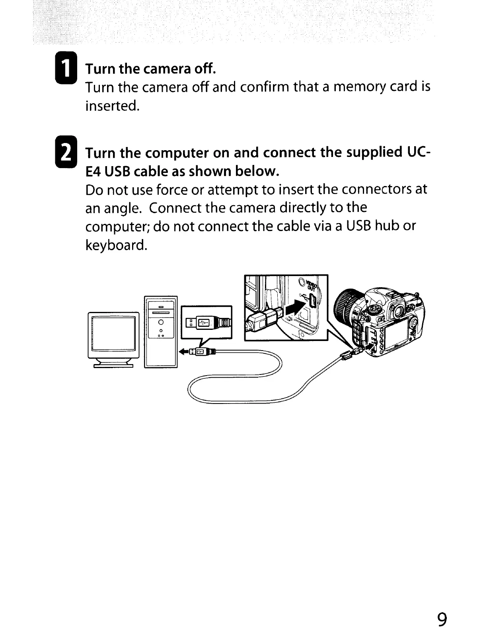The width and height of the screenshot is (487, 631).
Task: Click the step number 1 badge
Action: (x=68, y=69)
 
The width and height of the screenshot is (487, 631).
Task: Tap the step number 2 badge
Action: (x=68, y=153)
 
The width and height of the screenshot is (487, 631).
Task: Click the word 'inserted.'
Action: (x=113, y=106)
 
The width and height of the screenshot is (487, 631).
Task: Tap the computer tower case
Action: (x=161, y=332)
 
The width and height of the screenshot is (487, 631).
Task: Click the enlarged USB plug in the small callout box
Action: (x=207, y=321)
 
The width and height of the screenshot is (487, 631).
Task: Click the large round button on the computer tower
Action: (x=161, y=321)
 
